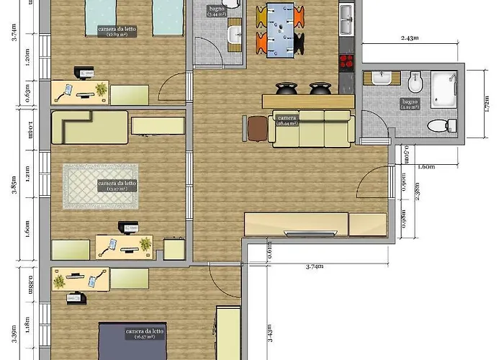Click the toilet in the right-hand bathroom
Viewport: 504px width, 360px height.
(x=437, y=127)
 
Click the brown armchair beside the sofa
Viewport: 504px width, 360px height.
(x=256, y=128)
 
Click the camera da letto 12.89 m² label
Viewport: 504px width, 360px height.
(x=117, y=31)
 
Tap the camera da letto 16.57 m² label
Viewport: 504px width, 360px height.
(x=145, y=333)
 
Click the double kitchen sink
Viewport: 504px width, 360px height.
(x=346, y=19)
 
